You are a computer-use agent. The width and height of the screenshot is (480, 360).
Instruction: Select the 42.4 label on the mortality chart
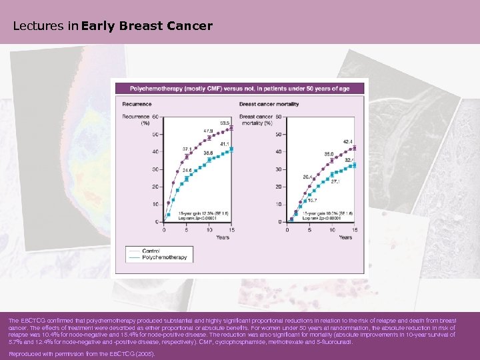coord(348,141)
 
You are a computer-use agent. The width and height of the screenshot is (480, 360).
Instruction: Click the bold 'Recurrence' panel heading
coord(137,104)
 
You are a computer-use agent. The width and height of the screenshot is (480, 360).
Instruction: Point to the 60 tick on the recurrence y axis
coord(155,117)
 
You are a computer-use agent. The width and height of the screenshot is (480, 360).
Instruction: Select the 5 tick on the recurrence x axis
coord(187,230)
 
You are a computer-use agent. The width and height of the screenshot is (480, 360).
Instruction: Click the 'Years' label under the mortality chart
coord(345,237)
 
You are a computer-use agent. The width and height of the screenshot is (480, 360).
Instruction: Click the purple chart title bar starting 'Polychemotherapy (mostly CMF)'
coord(240,88)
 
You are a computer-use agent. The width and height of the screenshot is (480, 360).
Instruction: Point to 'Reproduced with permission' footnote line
coord(81,353)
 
